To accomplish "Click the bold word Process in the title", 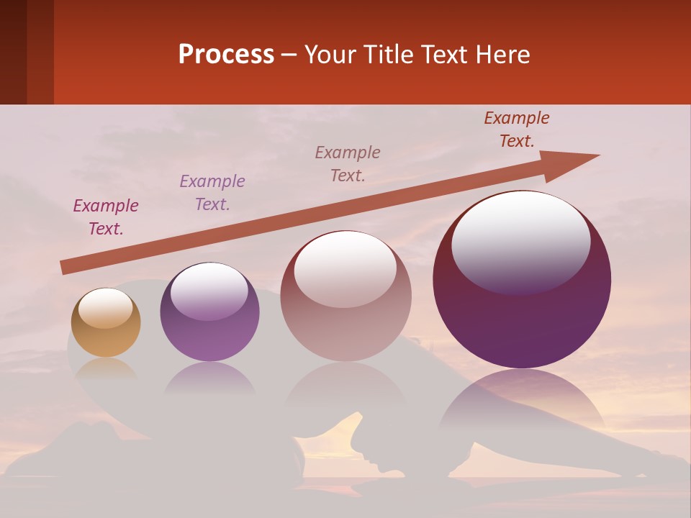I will [x=226, y=55].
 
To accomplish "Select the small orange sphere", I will [x=106, y=323].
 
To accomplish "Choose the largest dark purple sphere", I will [x=522, y=280].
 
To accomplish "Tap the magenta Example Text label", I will [x=106, y=217].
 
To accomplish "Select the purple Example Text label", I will [x=212, y=193].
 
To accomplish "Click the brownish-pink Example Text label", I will [x=348, y=164].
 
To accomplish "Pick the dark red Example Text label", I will [x=517, y=129].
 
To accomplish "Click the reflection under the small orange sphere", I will [x=106, y=368].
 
